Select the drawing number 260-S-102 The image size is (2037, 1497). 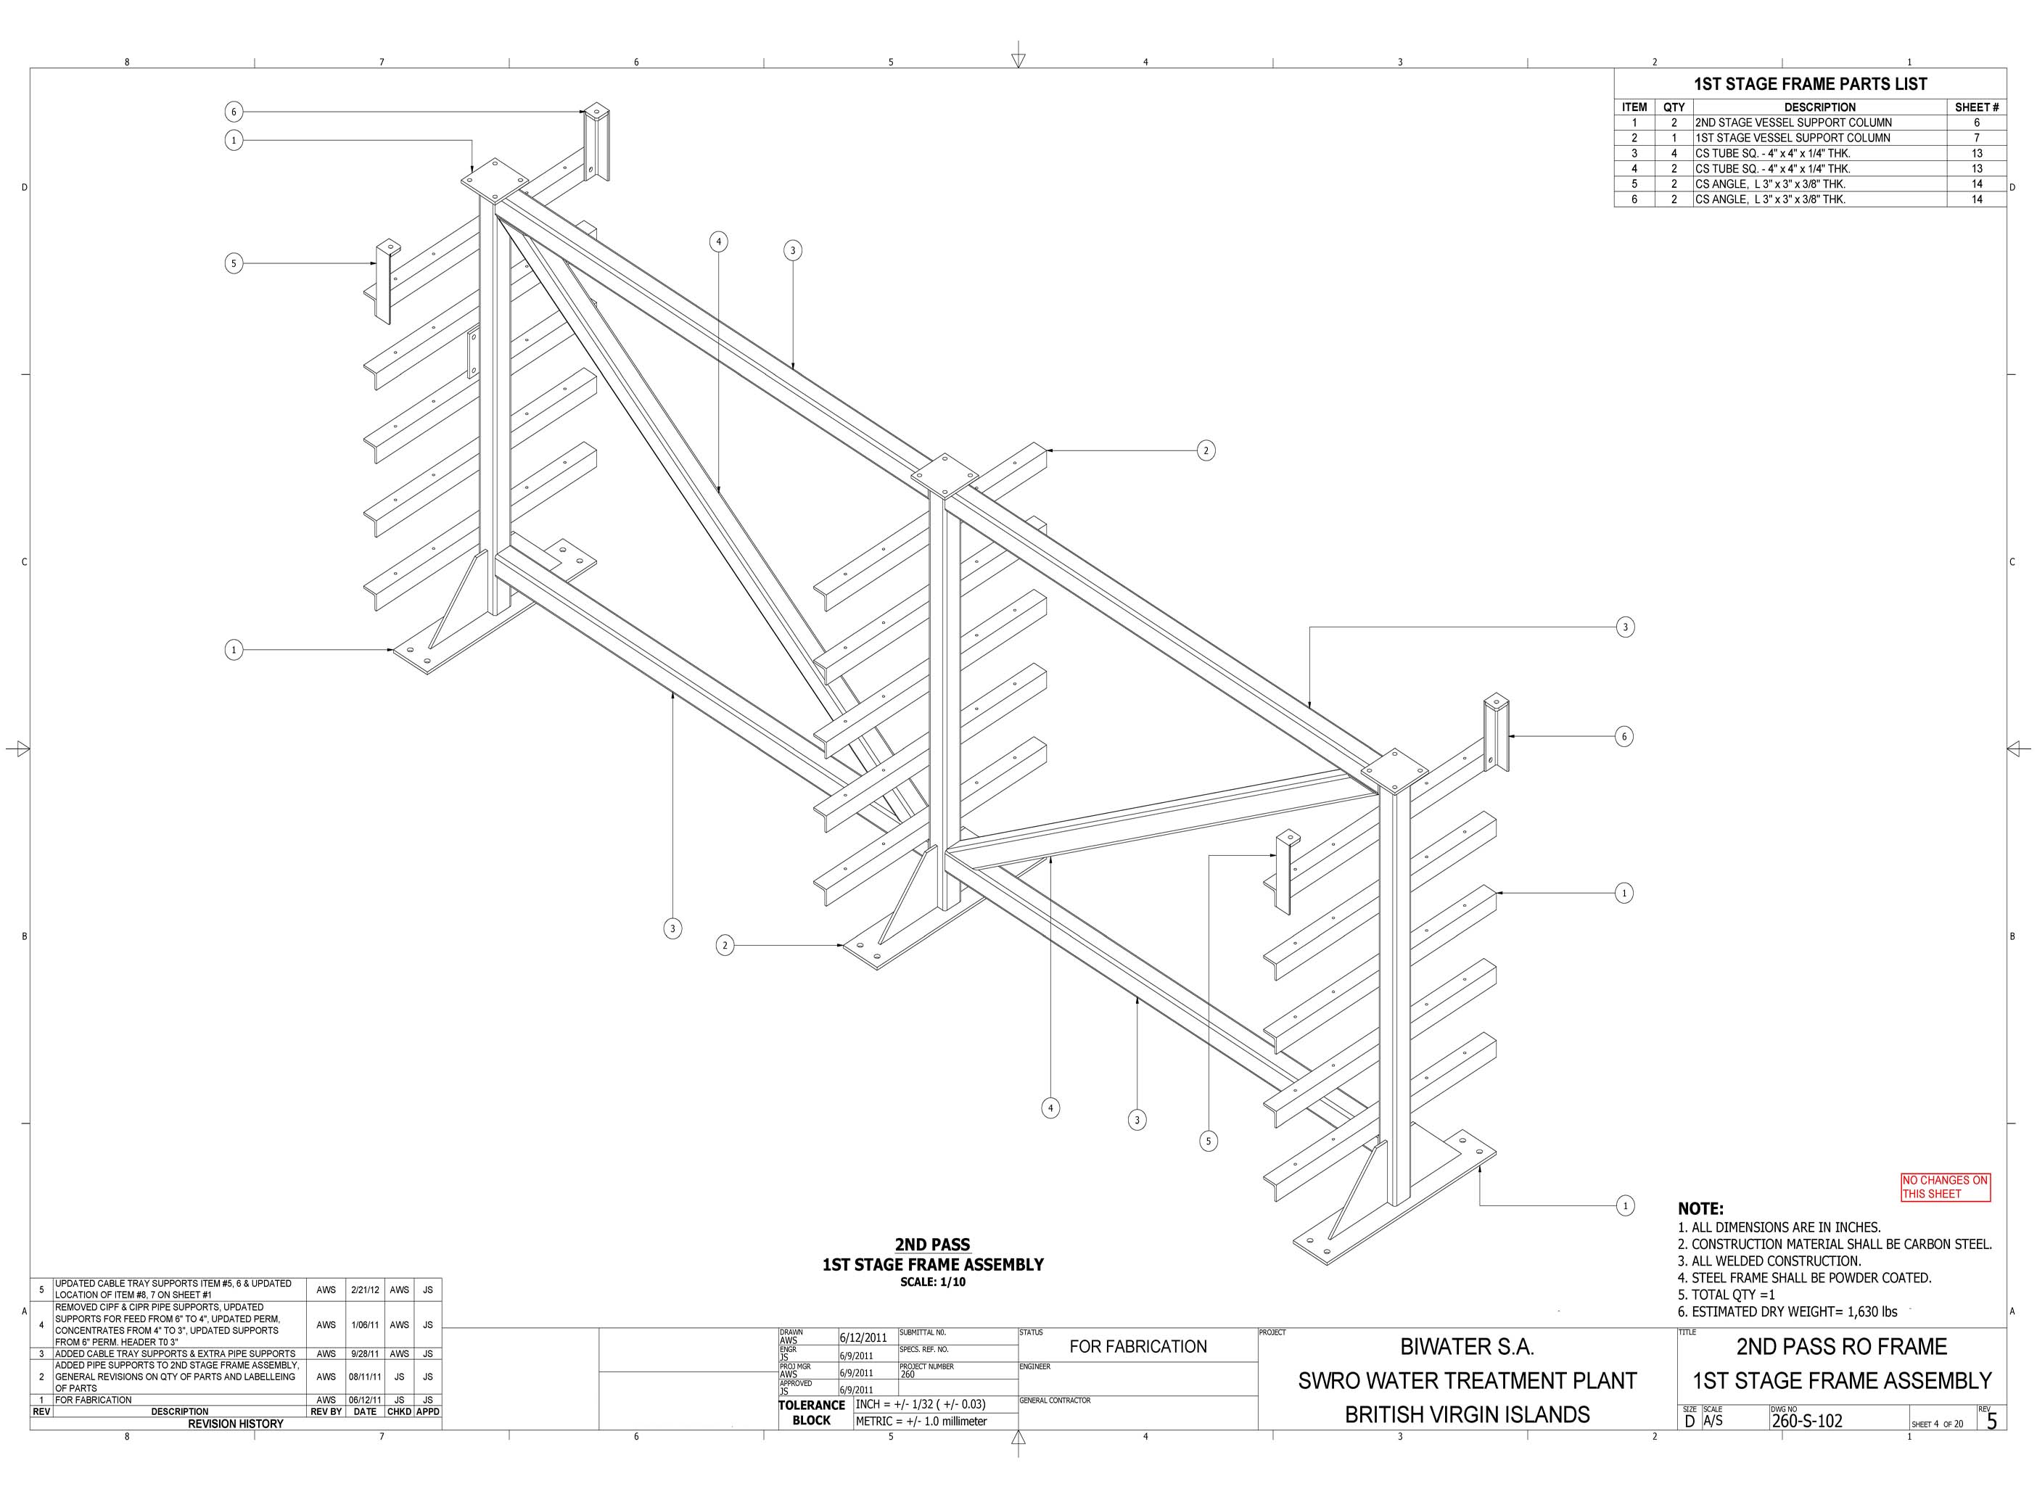coord(1806,1421)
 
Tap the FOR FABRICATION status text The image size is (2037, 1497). coord(1138,1347)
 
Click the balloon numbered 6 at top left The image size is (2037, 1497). coord(234,112)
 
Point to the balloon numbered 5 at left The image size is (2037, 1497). coord(234,264)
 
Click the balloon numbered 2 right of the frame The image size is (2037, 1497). coord(1205,450)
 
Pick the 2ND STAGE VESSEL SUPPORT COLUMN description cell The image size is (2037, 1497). coord(1793,123)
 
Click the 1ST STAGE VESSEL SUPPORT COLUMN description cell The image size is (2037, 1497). coord(1793,138)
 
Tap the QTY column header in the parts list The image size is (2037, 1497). coord(1674,107)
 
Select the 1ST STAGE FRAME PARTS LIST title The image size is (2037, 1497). coord(1811,84)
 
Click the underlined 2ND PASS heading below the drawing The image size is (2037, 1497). coord(932,1245)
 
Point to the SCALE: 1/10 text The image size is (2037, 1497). coord(932,1282)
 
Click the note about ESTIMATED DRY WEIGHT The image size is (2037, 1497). coord(1787,1311)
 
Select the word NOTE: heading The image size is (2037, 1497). coord(1701,1209)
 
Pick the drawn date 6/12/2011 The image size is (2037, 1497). coord(863,1337)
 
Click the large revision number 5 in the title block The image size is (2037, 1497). coord(1992,1422)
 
